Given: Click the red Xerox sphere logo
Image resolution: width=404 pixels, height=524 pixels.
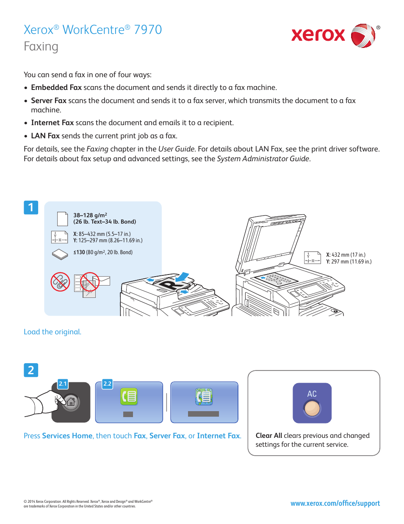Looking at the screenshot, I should point(362,36).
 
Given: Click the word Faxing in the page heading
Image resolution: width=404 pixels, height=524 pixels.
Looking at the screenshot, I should point(41,47).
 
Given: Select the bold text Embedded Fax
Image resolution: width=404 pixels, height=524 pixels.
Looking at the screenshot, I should point(56,87).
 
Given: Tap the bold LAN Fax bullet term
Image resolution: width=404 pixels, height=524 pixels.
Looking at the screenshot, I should point(45,136).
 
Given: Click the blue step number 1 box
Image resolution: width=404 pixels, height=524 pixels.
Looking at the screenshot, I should point(31,207).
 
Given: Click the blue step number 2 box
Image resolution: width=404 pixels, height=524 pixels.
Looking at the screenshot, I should point(31,370).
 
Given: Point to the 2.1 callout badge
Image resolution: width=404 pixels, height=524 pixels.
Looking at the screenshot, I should point(63,384).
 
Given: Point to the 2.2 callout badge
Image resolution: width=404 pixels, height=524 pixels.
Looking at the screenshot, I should point(108,384).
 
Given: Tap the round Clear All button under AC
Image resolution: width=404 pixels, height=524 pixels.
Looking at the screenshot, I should point(312,409).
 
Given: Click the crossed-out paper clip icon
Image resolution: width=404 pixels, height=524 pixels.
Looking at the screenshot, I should point(60,282).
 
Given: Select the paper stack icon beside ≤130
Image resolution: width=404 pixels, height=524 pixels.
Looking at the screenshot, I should point(60,254).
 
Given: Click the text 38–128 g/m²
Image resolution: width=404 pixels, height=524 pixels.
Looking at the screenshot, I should point(90,215).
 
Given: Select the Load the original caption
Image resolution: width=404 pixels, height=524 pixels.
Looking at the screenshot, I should point(53,332).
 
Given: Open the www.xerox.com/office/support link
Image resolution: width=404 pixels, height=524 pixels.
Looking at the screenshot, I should point(335,503).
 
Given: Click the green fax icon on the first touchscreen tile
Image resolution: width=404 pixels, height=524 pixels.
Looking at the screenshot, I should point(129,396).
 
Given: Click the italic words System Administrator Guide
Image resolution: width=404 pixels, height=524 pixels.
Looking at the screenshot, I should point(263,159).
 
